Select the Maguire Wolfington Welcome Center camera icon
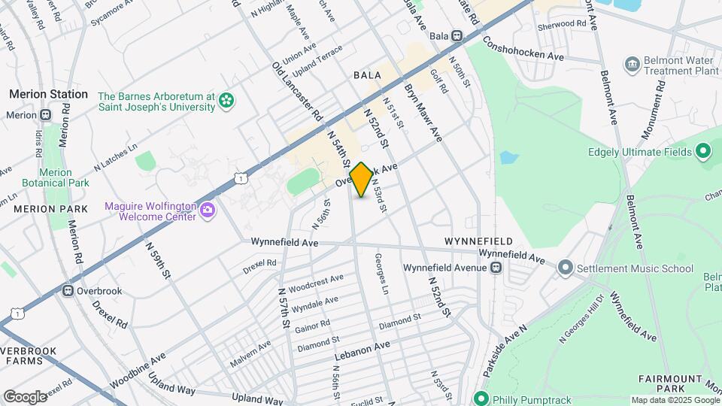[x=207, y=212]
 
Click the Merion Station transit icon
[x=46, y=115]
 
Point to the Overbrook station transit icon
[x=68, y=290]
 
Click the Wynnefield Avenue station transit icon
[x=496, y=268]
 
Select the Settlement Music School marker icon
[x=566, y=268]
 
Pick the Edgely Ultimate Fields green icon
[x=703, y=153]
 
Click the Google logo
[x=25, y=396]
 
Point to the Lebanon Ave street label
[x=363, y=345]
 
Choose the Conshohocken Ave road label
[x=523, y=48]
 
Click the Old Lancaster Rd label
[x=297, y=92]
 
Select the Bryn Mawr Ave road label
[x=423, y=112]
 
